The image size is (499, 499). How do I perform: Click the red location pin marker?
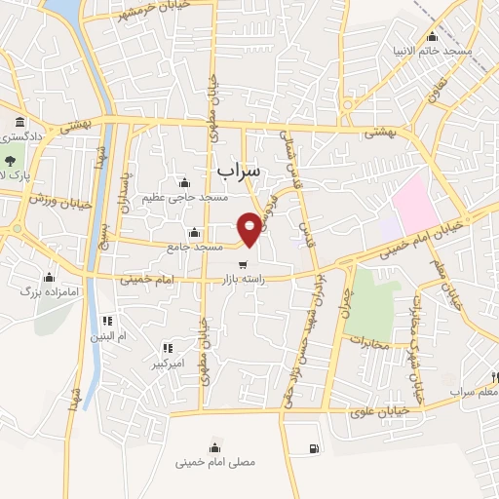pyautogui.click(x=250, y=227)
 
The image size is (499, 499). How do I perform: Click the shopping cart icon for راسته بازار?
pyautogui.click(x=242, y=263)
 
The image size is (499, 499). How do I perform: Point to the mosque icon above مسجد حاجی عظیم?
pyautogui.click(x=185, y=182)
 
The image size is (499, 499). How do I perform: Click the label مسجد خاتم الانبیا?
pyautogui.click(x=443, y=49)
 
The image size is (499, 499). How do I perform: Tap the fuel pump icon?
pyautogui.click(x=312, y=448)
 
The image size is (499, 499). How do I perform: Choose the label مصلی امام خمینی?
pyautogui.click(x=216, y=463)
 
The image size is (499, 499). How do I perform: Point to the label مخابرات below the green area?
pyautogui.click(x=368, y=343)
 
